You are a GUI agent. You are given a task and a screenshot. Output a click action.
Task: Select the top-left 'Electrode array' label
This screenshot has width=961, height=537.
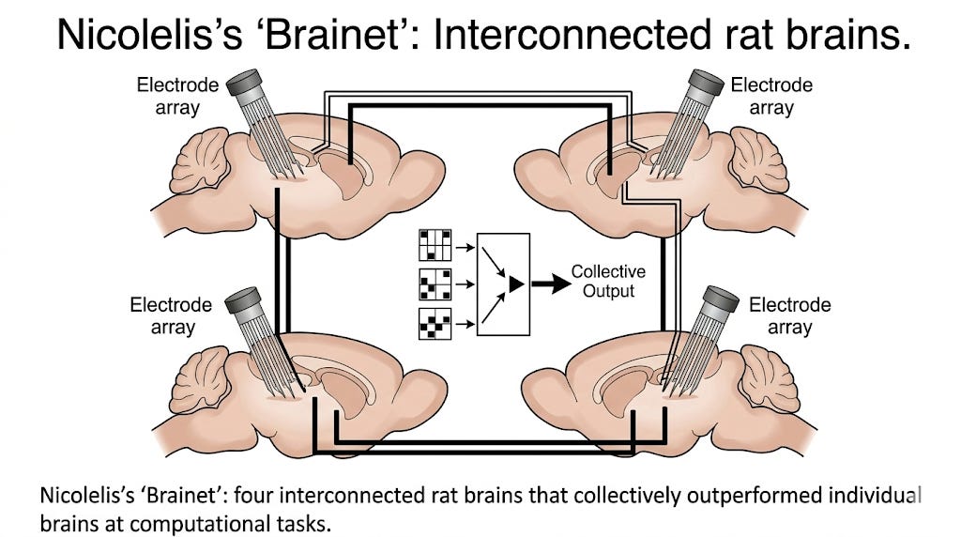point(177,96)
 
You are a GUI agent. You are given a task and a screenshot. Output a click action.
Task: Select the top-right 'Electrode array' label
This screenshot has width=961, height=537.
point(771,96)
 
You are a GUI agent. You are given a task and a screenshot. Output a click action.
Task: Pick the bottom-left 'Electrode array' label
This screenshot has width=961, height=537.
point(173,316)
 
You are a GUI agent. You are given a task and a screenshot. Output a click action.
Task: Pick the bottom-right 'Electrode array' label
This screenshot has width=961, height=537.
point(789,316)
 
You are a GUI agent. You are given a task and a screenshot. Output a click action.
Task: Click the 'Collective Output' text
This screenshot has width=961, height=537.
point(608,282)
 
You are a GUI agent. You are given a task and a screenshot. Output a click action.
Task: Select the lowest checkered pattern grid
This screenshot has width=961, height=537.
point(433,322)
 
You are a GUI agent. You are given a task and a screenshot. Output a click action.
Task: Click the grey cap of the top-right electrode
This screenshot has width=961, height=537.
point(707,84)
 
